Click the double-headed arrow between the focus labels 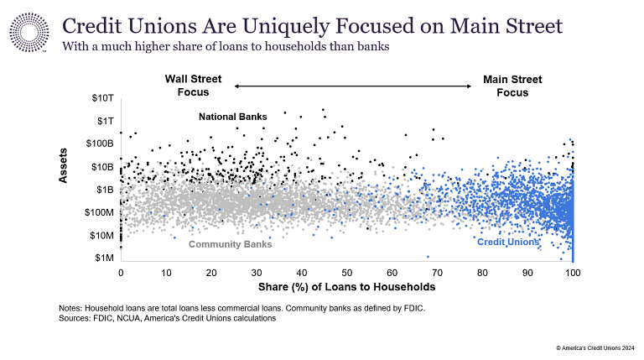(353, 86)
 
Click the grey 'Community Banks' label (230, 244)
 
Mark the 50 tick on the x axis (346, 274)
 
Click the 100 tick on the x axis (573, 274)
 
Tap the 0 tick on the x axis (121, 274)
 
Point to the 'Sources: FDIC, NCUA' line (167, 319)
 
